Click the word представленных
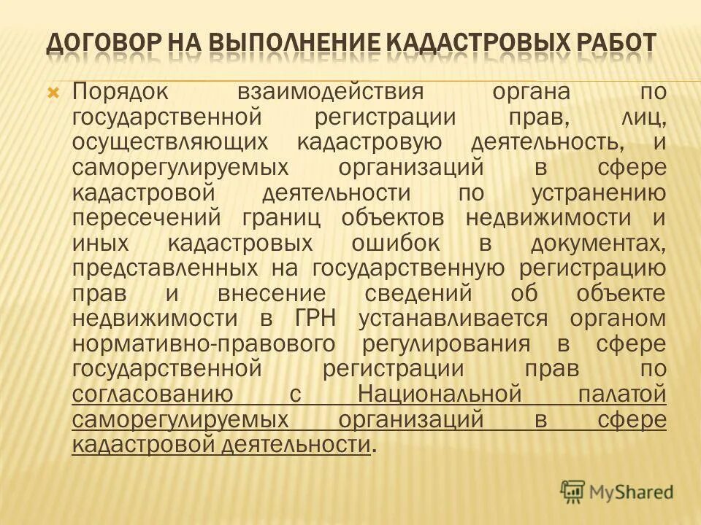(x=166, y=268)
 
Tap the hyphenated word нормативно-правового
(x=204, y=344)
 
